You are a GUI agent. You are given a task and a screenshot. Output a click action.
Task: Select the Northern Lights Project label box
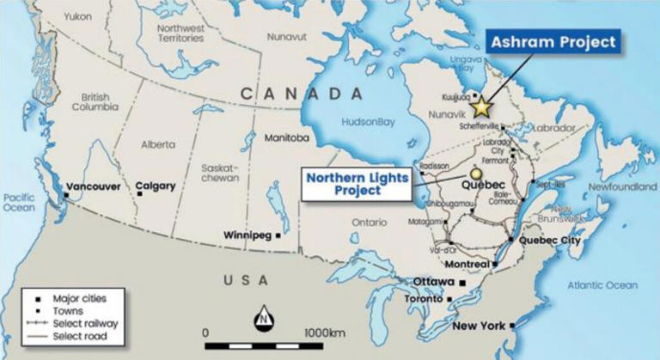point(355,184)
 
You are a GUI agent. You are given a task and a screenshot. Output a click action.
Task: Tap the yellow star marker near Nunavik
point(482,107)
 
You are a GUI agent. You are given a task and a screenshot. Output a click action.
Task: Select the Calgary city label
point(155,186)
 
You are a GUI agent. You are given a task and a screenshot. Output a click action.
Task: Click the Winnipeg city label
point(247,235)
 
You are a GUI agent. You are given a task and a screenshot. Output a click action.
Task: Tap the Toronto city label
point(424,299)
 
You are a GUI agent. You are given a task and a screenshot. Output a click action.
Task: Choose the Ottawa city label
point(433,282)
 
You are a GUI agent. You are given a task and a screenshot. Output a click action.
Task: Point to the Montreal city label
point(464,264)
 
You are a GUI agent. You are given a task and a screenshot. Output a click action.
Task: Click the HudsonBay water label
point(366,122)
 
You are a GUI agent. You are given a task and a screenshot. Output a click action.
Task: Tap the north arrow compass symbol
point(262,320)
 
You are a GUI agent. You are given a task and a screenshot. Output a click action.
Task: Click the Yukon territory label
point(77,16)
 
